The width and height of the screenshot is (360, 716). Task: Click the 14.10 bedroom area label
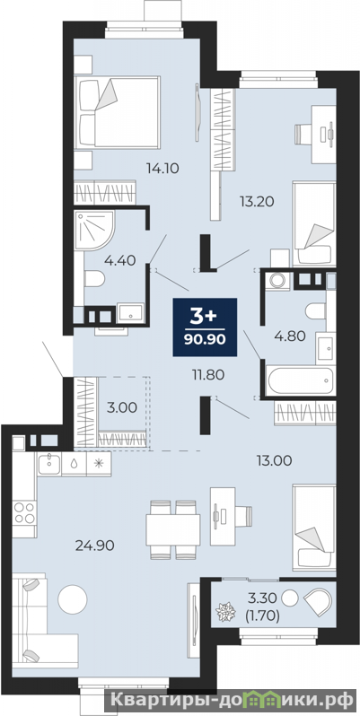(162, 169)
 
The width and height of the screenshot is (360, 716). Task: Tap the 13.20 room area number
(258, 200)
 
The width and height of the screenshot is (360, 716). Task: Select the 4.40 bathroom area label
(119, 260)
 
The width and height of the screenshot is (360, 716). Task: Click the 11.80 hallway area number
(207, 375)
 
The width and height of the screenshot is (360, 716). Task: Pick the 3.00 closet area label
(122, 407)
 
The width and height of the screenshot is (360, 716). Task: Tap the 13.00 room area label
(274, 461)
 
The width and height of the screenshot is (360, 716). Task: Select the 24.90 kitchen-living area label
(95, 545)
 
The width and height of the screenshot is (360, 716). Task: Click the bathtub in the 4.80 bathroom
(301, 380)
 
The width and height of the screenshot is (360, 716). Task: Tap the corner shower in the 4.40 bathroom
(94, 230)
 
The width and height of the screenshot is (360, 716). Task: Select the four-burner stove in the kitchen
(24, 513)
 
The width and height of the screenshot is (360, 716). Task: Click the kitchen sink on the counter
(49, 464)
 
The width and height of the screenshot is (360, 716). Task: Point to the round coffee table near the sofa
(73, 599)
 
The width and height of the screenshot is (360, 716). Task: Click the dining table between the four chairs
(173, 529)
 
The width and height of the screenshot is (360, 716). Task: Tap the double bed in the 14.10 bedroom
(118, 112)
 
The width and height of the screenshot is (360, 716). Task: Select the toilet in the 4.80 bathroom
(316, 312)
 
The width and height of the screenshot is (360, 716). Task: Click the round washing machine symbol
(277, 280)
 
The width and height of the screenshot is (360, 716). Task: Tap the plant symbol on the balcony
(224, 612)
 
